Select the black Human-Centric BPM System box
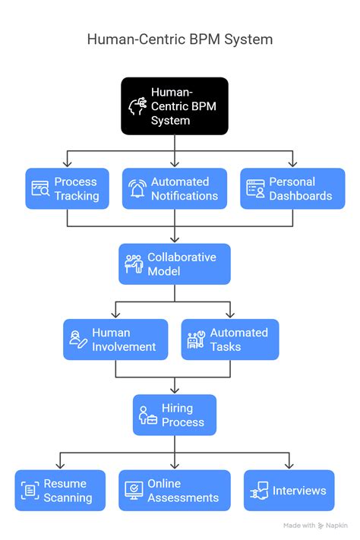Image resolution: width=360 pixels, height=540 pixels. point(174,106)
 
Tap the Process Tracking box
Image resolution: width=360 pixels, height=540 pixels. point(67,188)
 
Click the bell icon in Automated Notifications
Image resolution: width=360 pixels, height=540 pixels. point(137,188)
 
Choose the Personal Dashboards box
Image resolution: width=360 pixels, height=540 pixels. point(292,188)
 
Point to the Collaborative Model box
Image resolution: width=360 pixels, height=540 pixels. point(174,264)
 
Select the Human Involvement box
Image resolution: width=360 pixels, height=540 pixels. point(115,339)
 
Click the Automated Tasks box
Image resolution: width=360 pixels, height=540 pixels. point(229,339)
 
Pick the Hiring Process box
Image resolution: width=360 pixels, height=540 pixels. point(174,415)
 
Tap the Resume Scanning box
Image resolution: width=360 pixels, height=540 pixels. point(60,491)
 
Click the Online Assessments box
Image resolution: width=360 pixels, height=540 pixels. point(174,491)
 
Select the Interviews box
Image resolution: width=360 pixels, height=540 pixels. point(289,491)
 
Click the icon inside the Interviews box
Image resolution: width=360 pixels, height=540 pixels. point(259,491)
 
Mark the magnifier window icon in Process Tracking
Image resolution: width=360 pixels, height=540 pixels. point(39,189)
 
